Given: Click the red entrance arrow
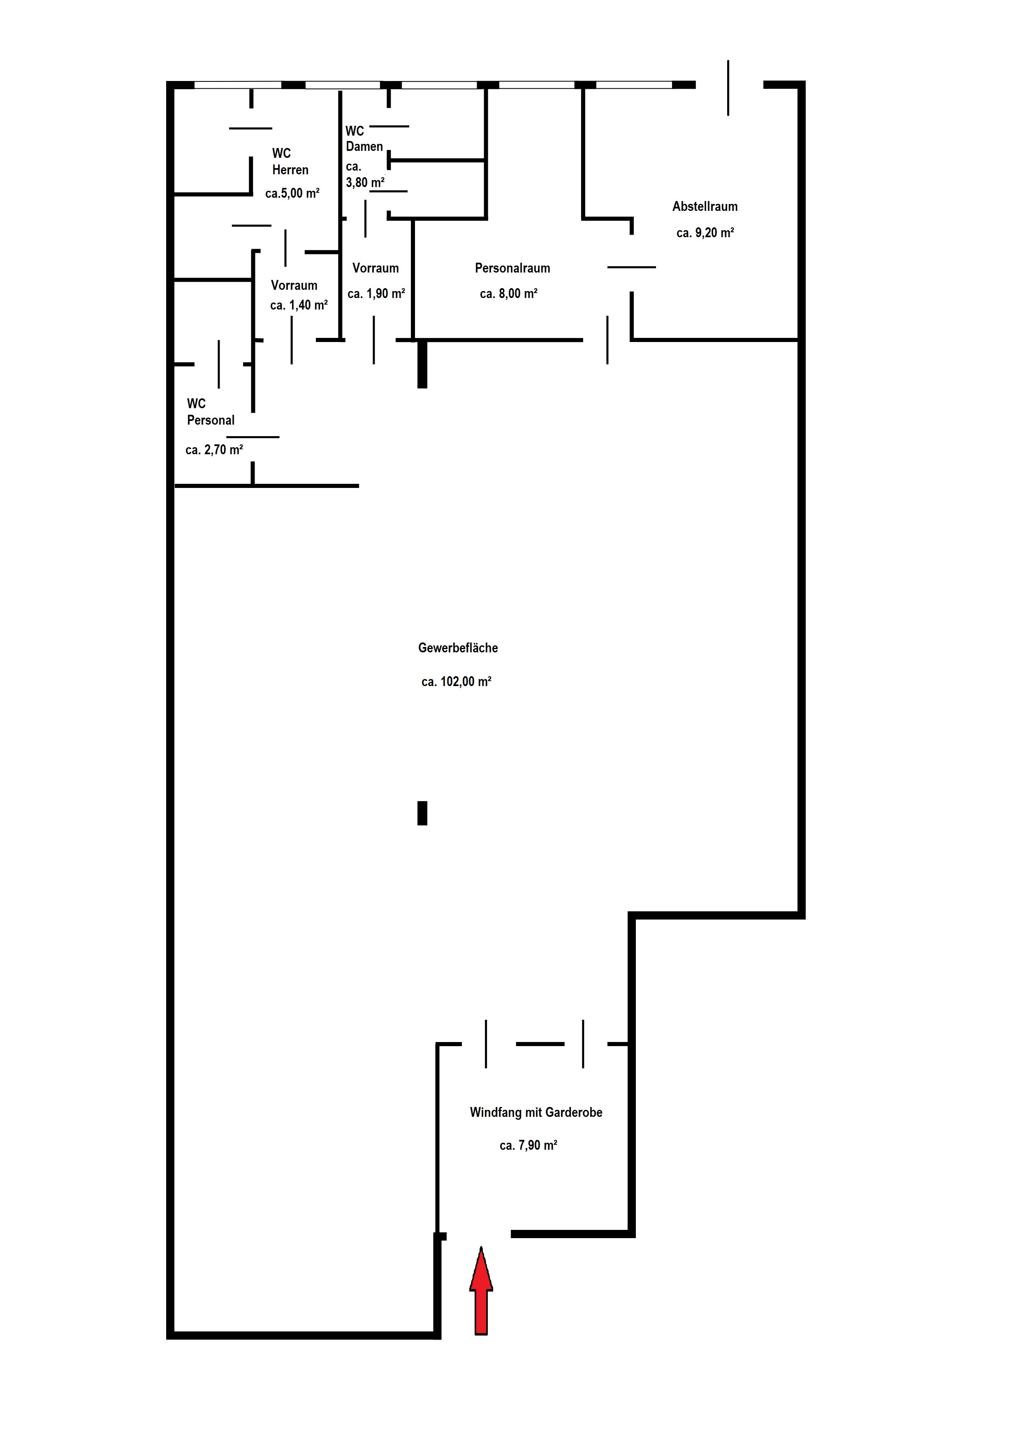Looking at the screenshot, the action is point(481,1291).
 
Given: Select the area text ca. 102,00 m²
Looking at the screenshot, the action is point(456,682).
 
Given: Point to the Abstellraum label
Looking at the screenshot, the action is point(705,207).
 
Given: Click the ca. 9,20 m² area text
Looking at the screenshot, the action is point(705,233).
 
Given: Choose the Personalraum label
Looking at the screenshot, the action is point(512,268).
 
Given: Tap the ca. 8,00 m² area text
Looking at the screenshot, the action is point(508,294).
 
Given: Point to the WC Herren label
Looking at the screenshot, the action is point(290,162).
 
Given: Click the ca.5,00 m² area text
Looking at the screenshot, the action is point(292,194).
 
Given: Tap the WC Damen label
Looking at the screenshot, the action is point(364,139).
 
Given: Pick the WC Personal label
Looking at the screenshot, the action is point(211,412).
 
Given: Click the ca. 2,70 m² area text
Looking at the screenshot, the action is point(214,450).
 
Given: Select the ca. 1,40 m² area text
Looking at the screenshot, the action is point(299,305).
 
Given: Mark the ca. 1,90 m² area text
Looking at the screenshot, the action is point(376,294).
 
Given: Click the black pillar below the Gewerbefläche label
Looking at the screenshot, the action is point(422,813).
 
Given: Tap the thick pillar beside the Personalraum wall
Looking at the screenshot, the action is point(422,364).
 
